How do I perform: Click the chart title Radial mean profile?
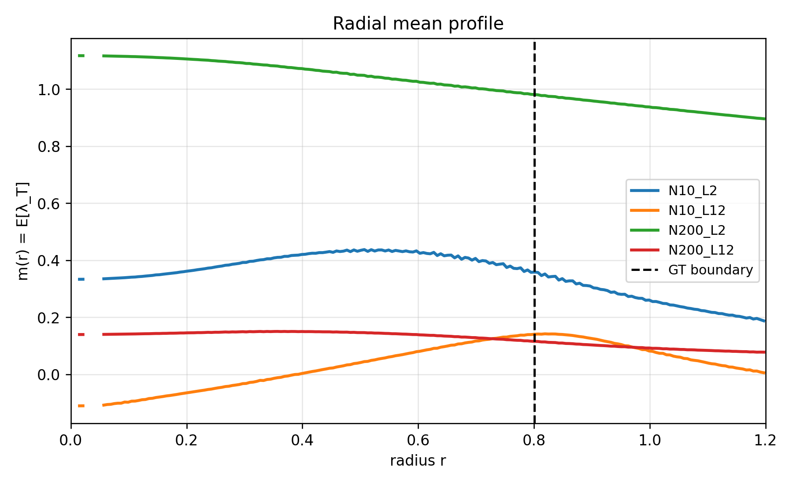[x=418, y=24]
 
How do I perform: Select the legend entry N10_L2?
[x=693, y=191]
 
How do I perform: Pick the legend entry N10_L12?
[x=697, y=211]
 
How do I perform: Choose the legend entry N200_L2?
[x=697, y=230]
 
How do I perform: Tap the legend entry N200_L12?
[x=700, y=250]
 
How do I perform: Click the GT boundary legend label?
[x=710, y=270]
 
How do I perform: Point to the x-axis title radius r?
[x=418, y=461]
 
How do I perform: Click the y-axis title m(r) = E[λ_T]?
[x=23, y=231]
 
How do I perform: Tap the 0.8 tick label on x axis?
[x=534, y=440]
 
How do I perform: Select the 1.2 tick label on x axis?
[x=765, y=440]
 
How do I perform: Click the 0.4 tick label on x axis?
[x=302, y=440]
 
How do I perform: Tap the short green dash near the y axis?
[x=81, y=56]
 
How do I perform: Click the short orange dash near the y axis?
[x=81, y=406]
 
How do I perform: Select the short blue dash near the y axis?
[x=81, y=279]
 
